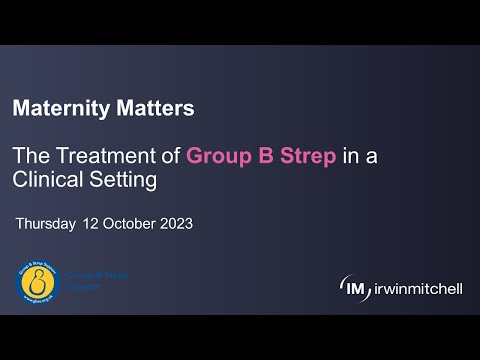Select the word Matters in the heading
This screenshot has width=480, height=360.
coord(149,105)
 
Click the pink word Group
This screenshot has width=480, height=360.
coord(219,156)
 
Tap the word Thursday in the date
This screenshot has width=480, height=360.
coord(46,224)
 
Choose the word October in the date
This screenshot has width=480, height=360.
coord(131,224)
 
